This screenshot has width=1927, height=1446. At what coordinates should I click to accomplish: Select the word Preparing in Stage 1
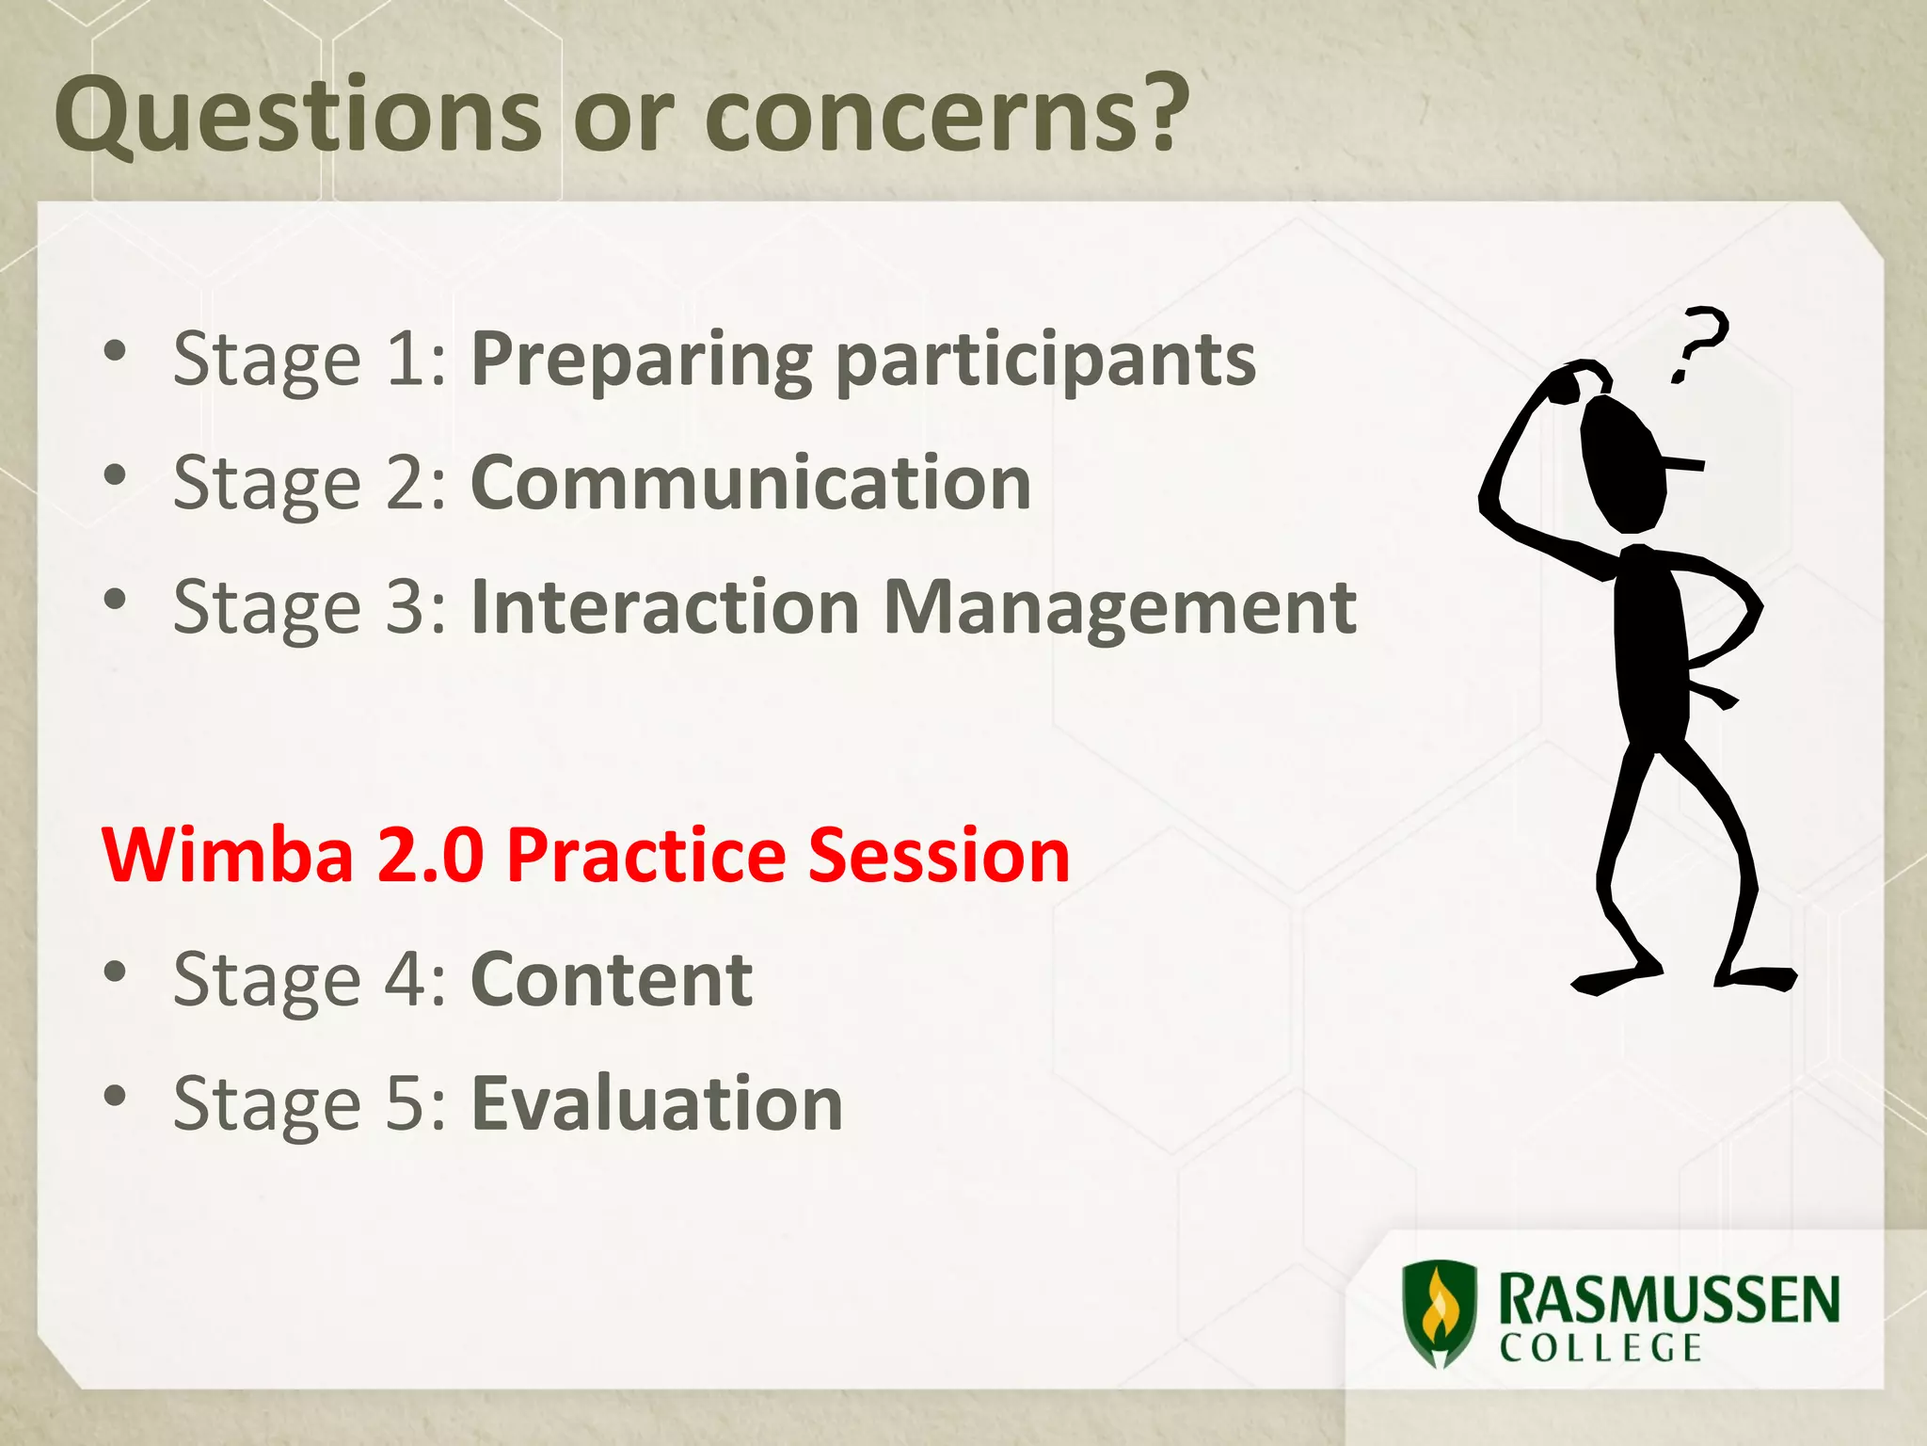click(x=641, y=361)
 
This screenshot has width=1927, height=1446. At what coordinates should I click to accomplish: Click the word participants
click(x=1045, y=361)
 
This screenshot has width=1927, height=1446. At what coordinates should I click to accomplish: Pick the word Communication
click(x=750, y=483)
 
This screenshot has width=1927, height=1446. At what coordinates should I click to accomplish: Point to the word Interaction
click(x=664, y=607)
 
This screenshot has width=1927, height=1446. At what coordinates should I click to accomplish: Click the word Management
click(x=1120, y=607)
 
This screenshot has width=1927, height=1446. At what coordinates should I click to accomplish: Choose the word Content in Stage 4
click(x=612, y=980)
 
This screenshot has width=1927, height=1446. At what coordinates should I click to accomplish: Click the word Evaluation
click(x=657, y=1103)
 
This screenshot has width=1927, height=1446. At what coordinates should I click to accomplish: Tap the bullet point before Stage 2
click(x=115, y=477)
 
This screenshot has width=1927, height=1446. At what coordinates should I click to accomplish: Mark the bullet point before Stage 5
click(x=115, y=1097)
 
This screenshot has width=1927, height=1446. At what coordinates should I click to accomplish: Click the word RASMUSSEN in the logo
click(x=1667, y=1300)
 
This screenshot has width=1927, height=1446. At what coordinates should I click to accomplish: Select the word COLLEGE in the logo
click(x=1601, y=1348)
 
